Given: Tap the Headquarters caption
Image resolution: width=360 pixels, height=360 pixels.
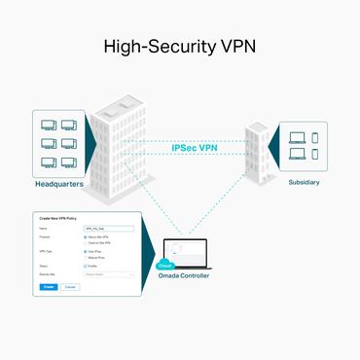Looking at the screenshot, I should tap(60, 182).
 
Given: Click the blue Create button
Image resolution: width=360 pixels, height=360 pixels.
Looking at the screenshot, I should tap(49, 287).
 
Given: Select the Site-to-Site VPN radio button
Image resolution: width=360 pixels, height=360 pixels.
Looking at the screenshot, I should tap(86, 236).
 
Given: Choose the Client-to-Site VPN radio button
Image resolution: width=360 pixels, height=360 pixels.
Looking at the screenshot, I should tap(86, 243).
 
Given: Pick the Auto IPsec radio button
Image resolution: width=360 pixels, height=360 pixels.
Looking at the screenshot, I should tap(86, 252).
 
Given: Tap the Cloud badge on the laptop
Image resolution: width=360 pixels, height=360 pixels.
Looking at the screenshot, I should tap(165, 263).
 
